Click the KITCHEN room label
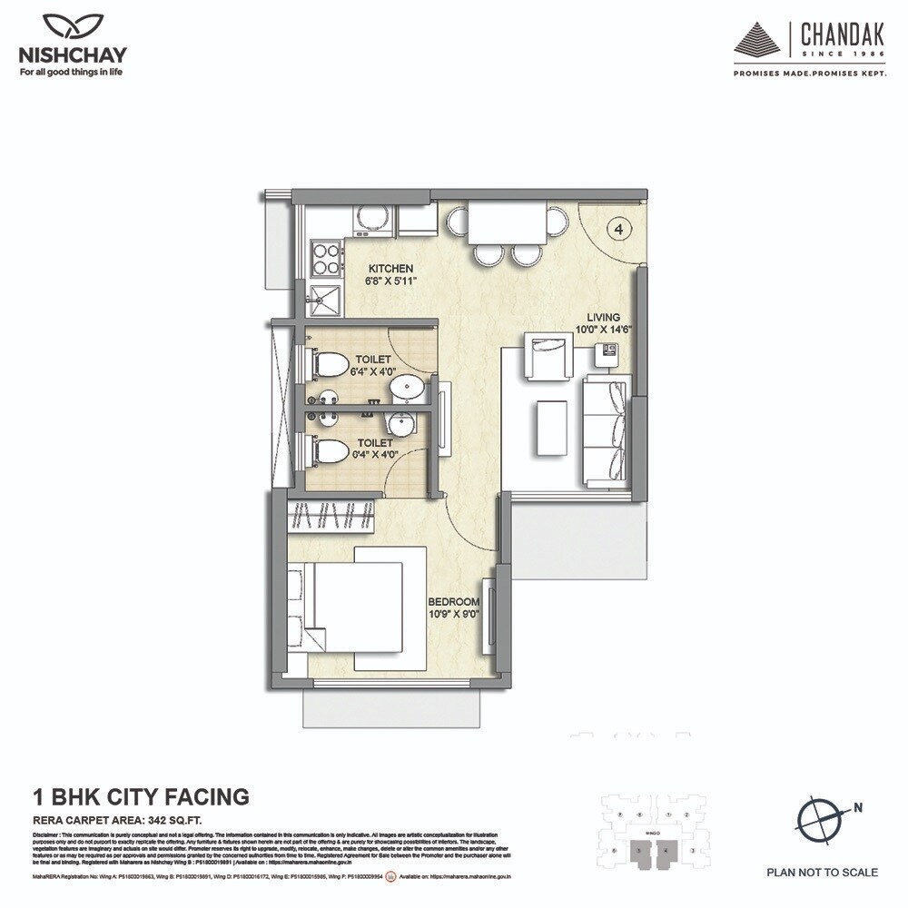coord(390,269)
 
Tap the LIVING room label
coord(602,318)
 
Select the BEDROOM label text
coord(453,601)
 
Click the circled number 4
coord(618,230)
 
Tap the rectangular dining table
coord(508,222)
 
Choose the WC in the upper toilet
coord(331,364)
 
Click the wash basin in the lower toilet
coord(398,424)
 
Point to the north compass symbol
coord(823,814)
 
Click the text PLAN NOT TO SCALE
coord(822,873)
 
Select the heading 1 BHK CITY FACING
coord(141,797)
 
